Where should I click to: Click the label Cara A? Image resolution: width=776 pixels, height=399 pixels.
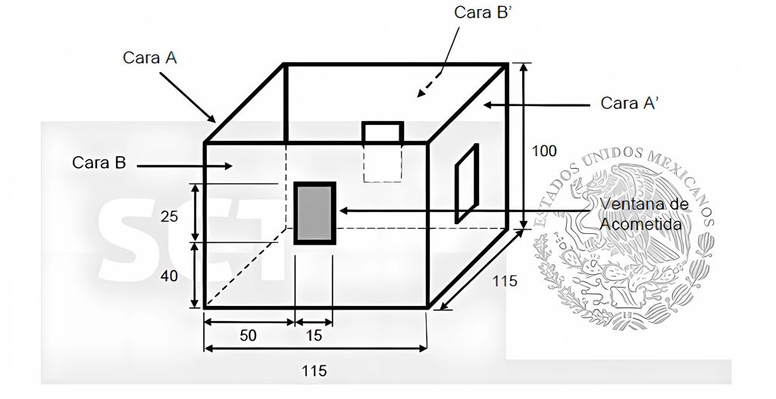(149, 58)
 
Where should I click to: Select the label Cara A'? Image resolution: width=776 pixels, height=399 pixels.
(629, 103)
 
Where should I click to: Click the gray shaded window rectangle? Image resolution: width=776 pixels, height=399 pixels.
(314, 213)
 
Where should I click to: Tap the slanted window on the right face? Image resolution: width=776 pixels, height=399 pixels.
(467, 183)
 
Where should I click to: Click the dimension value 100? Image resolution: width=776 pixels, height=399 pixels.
(544, 151)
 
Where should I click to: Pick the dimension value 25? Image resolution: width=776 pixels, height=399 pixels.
(169, 217)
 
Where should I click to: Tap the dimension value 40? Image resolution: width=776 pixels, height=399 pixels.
(169, 276)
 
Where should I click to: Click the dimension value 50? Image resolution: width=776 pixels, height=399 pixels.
(248, 335)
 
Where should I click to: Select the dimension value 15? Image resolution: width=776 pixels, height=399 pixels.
(314, 335)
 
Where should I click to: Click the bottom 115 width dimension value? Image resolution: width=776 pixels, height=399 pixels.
(314, 370)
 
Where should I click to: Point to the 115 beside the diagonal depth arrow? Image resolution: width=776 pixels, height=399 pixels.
(504, 281)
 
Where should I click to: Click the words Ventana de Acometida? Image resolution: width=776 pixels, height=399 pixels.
(644, 214)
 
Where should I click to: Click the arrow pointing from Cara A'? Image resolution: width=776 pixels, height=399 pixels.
(537, 104)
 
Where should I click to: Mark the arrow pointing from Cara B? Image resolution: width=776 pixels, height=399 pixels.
(184, 166)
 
